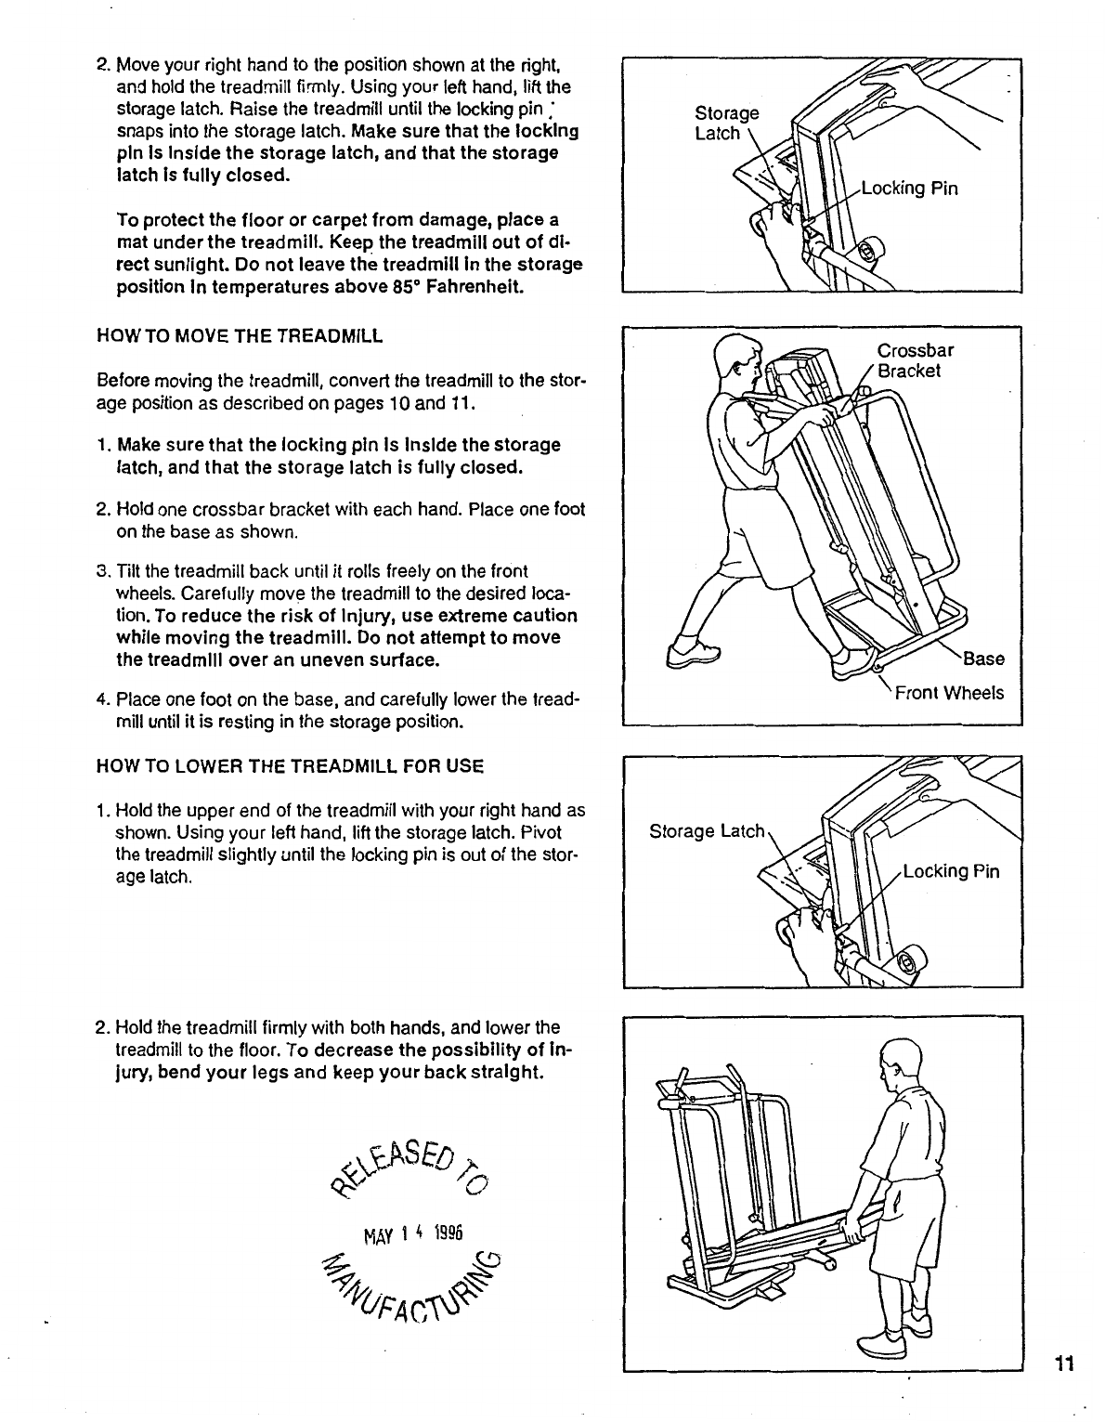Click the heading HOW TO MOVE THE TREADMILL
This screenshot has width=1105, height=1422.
click(240, 336)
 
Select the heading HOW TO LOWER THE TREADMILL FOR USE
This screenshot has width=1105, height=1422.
click(291, 767)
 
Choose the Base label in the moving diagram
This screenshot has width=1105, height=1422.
click(983, 659)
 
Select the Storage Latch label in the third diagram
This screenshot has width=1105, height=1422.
click(707, 830)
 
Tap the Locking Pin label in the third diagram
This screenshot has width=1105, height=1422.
click(951, 871)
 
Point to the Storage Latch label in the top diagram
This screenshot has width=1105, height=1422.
click(726, 124)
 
